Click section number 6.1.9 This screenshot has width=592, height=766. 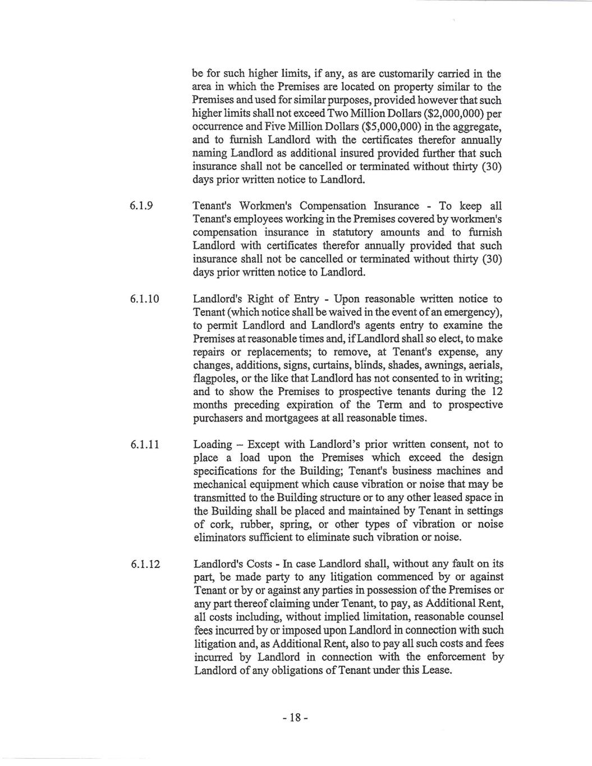pyautogui.click(x=142, y=207)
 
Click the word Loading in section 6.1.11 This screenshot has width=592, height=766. pyautogui.click(x=212, y=444)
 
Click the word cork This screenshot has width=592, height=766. pyautogui.click(x=223, y=524)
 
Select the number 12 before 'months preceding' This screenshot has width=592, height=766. pyautogui.click(x=497, y=392)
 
